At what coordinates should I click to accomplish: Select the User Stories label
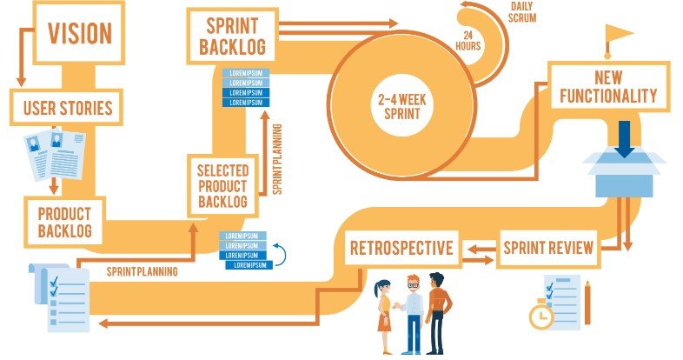tap(67, 110)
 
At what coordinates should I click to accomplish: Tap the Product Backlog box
tap(65, 221)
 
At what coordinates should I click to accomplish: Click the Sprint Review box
tap(548, 249)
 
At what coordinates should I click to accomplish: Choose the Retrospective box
tap(401, 249)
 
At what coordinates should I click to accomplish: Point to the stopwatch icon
tap(540, 316)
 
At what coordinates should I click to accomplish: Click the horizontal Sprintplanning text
tap(143, 271)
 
